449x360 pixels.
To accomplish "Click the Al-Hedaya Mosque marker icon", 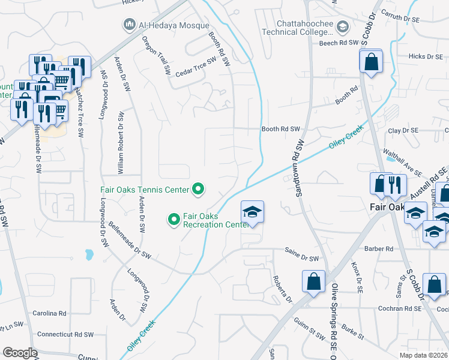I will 128,25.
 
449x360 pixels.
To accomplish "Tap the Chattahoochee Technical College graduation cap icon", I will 342,26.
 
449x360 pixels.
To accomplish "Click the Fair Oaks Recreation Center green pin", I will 174,220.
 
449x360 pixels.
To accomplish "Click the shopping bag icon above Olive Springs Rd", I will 314,281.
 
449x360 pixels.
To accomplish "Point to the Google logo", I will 20,353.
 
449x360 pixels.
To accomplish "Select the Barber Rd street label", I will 378,248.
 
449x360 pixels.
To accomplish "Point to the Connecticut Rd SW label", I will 65,334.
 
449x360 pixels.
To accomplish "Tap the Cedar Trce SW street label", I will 195,68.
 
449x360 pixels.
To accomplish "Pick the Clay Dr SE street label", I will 402,130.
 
